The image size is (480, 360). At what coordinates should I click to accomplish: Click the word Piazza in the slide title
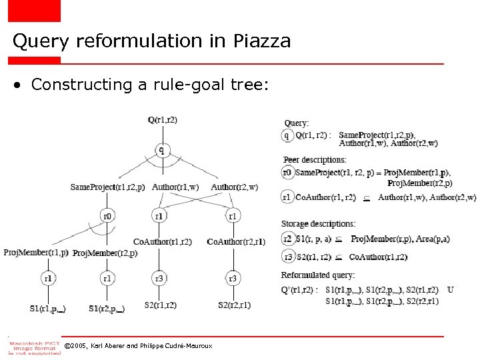tap(262, 41)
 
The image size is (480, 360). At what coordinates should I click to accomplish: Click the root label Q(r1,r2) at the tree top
tap(163, 120)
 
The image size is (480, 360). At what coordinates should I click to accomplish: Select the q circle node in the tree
tap(161, 150)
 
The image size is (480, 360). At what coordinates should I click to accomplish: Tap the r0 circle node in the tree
tap(107, 215)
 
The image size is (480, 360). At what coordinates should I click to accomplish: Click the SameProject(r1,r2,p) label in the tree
tap(107, 187)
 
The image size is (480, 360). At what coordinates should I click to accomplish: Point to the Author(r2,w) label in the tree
tap(234, 187)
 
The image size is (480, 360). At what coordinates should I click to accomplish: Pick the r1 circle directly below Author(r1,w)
tap(159, 215)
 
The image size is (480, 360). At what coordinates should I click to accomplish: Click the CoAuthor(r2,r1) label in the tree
tap(236, 241)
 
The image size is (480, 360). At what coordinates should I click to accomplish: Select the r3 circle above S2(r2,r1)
tap(233, 278)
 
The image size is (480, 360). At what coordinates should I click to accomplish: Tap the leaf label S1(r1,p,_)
tap(48, 308)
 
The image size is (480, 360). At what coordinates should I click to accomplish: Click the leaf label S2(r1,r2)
tap(160, 305)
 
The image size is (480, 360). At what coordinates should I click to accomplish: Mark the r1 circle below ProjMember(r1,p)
tap(48, 278)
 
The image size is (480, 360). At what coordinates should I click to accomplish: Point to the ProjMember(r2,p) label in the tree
tap(105, 253)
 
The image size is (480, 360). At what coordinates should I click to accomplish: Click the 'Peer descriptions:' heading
tap(315, 160)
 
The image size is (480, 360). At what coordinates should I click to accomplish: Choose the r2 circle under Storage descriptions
tap(287, 239)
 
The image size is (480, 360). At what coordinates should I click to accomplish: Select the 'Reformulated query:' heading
tap(317, 275)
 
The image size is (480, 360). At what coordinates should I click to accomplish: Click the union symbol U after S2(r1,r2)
tap(451, 290)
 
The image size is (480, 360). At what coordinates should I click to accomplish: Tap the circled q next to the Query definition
tap(287, 135)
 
